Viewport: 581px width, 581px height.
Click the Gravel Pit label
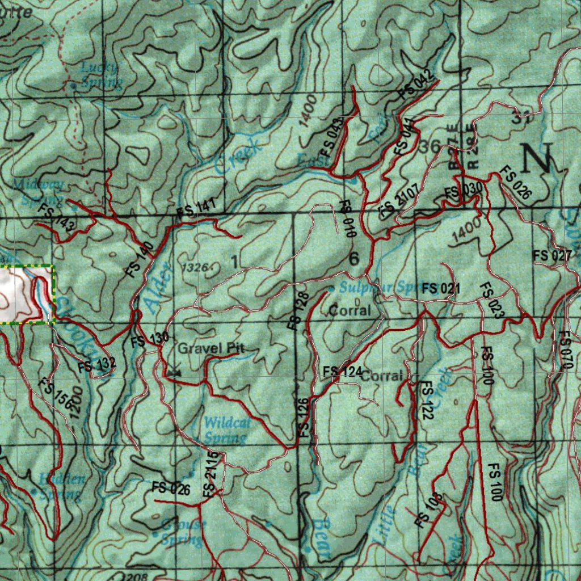(x=212, y=348)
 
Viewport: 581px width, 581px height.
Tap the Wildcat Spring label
(x=225, y=430)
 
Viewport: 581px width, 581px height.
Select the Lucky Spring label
(x=101, y=75)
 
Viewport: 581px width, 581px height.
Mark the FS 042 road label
(x=416, y=86)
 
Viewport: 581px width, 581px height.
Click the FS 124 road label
(x=342, y=372)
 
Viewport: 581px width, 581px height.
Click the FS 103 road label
(x=428, y=510)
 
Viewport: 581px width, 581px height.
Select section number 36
(x=430, y=146)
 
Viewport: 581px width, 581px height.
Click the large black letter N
(x=536, y=158)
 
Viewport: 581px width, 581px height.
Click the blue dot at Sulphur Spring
(x=332, y=288)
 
